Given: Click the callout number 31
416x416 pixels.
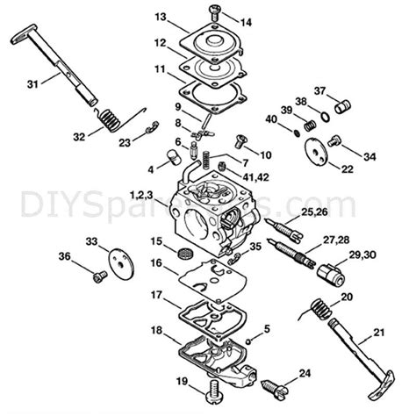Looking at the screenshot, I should [x=33, y=83].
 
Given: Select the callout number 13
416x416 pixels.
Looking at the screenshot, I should [x=160, y=18].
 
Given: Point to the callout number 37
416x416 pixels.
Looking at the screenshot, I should [x=320, y=90].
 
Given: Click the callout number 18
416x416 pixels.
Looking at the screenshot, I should [x=155, y=330].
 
